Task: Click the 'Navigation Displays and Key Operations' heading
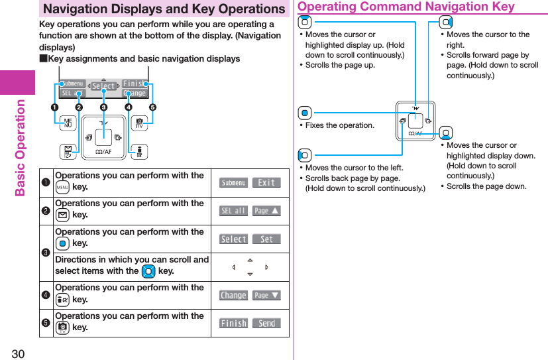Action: click(x=163, y=9)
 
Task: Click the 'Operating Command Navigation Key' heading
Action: click(x=406, y=7)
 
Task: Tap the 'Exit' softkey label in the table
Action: click(x=266, y=182)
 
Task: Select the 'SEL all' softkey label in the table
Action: click(x=233, y=211)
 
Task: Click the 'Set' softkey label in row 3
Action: click(x=266, y=239)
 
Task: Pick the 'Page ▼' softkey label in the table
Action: click(x=266, y=295)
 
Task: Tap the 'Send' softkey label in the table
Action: click(x=266, y=323)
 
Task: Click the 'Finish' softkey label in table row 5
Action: click(x=233, y=323)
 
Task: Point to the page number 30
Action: click(x=17, y=353)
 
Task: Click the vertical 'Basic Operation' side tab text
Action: click(x=21, y=147)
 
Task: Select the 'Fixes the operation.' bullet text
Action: click(x=340, y=125)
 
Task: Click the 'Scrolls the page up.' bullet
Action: click(x=340, y=65)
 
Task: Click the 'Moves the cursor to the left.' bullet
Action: click(x=354, y=168)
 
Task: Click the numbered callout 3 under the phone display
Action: click(x=103, y=107)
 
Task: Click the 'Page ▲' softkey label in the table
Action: click(x=266, y=211)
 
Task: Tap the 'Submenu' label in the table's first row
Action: click(x=233, y=182)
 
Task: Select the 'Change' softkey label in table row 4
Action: click(x=233, y=295)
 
